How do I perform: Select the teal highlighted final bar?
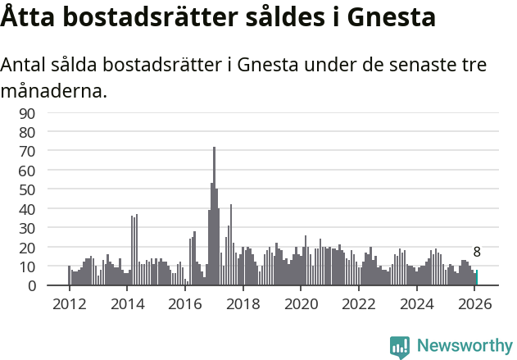476,278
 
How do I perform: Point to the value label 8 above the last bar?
477,253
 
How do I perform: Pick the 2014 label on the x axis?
127,304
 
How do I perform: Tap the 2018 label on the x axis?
243,304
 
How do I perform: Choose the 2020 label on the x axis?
301,304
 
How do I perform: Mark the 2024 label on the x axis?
416,304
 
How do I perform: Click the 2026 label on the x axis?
474,304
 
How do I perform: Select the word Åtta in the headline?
28,17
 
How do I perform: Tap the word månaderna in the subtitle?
53,90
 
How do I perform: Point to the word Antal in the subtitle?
25,65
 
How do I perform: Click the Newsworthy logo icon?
400,347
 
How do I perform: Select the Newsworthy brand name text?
464,347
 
